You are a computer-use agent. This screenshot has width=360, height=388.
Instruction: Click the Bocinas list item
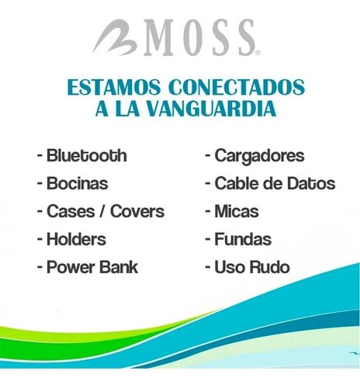coord(77,184)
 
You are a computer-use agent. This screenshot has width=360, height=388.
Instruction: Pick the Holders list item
coord(76,239)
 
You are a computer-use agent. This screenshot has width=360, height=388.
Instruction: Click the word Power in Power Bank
coord(70,268)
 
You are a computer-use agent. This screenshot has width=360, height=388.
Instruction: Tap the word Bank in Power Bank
coord(118,268)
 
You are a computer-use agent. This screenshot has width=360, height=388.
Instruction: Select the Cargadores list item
coord(259,156)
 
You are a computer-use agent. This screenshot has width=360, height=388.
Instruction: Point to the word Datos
coord(310,184)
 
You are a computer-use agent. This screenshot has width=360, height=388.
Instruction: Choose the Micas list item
coord(237,212)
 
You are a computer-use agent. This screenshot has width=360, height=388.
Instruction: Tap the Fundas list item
coord(243,240)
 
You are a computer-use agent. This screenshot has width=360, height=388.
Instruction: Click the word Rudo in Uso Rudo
coord(268,268)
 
